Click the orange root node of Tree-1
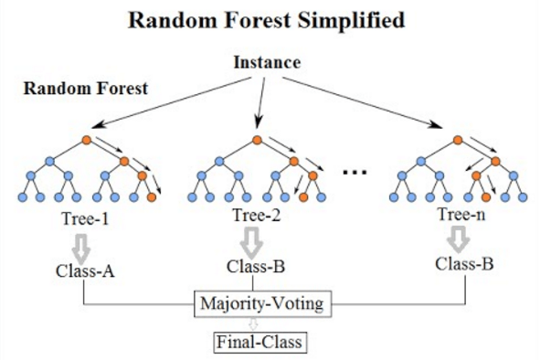[87, 140]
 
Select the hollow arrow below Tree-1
[85, 244]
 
